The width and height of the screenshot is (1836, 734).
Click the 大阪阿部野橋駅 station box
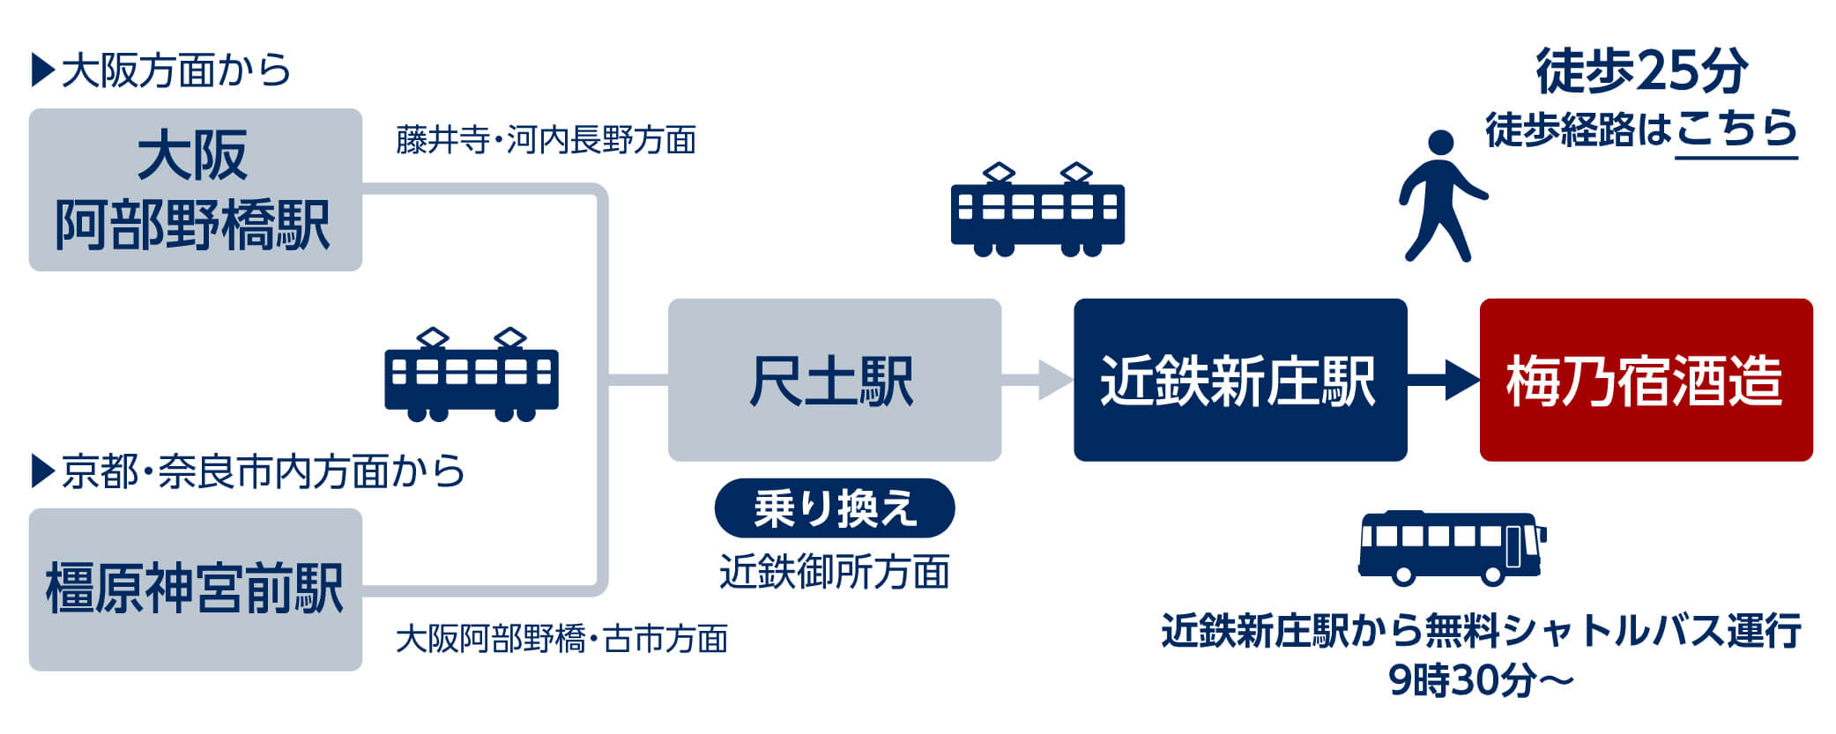[x=195, y=189]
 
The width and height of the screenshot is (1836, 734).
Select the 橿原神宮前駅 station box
[x=195, y=589]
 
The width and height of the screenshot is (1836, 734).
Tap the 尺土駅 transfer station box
[x=834, y=380]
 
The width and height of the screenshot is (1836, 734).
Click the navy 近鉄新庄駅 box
[x=1239, y=380]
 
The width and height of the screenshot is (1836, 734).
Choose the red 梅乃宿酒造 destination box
[x=1645, y=380]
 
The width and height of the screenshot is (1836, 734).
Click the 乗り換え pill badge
[x=834, y=508]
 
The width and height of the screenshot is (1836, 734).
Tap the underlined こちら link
[x=1736, y=130]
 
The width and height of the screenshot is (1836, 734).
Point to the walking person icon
[x=1440, y=196]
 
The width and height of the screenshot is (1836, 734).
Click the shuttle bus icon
[x=1451, y=548]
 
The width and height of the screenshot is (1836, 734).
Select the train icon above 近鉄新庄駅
[x=1037, y=211]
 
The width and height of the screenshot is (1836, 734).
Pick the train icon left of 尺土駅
[x=472, y=375]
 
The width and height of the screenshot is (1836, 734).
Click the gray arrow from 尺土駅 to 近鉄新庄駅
[x=1037, y=380]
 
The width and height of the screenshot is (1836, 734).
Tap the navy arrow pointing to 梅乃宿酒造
[x=1443, y=380]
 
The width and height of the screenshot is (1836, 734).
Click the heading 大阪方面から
[x=161, y=70]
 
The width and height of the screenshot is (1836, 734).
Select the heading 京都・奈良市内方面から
[x=249, y=471]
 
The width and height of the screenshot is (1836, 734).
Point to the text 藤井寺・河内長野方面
[x=546, y=140]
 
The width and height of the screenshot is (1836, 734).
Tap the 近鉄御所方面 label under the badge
[x=834, y=572]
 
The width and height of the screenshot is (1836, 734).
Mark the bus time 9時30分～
[x=1481, y=680]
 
